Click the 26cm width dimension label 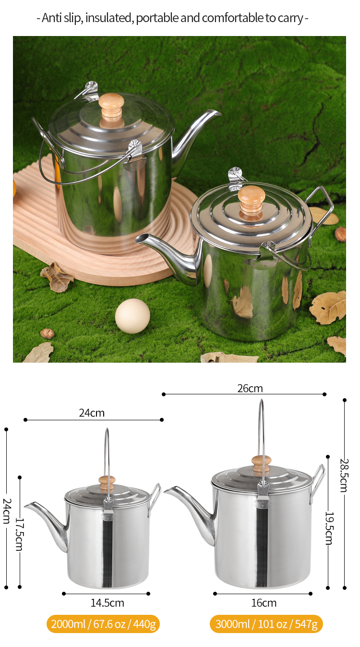pos(250,389)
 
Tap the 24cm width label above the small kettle pos(92,413)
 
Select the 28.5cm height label pos(344,475)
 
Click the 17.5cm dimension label pos(20,534)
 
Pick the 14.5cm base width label pos(108,603)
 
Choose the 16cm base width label pos(264,603)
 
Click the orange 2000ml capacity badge pos(103,624)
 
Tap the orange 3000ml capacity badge pos(266,624)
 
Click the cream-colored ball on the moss pos(132,316)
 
